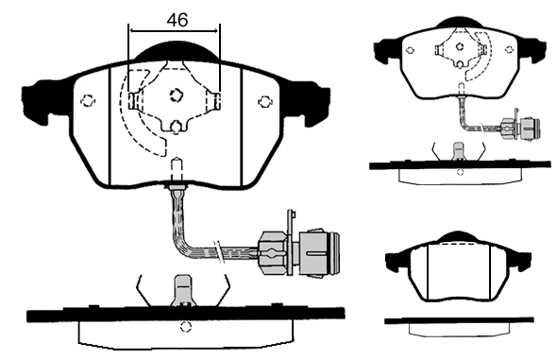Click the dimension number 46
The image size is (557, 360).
click(x=177, y=20)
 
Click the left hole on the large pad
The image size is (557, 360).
click(x=88, y=101)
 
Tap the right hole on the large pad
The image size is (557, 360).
click(x=264, y=102)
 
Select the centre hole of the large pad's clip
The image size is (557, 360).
click(x=176, y=94)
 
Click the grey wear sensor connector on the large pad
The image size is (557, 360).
click(x=298, y=252)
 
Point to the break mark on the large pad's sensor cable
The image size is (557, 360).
click(x=220, y=251)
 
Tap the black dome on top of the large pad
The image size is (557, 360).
click(x=177, y=52)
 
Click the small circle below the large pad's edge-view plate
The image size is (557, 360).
click(x=185, y=327)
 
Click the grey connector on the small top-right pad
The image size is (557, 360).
click(x=520, y=128)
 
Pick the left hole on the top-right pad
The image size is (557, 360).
click(x=410, y=50)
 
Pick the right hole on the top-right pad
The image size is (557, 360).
click(x=510, y=50)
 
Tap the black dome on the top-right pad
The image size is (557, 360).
click(x=460, y=23)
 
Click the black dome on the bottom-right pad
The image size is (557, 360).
click(x=458, y=237)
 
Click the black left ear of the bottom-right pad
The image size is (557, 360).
click(x=397, y=261)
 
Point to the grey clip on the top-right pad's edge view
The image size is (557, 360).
click(x=459, y=151)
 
